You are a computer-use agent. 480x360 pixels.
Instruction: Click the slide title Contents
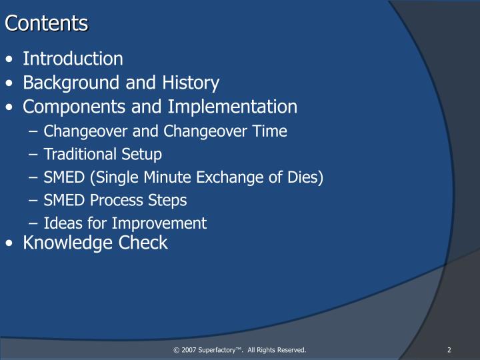pyautogui.click(x=47, y=23)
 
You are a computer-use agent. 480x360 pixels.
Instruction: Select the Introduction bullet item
pyautogui.click(x=73, y=59)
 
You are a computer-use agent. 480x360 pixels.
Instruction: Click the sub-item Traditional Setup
pyautogui.click(x=103, y=155)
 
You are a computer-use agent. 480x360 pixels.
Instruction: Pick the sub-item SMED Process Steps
pyautogui.click(x=115, y=201)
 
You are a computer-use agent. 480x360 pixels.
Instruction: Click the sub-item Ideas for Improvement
pyautogui.click(x=125, y=223)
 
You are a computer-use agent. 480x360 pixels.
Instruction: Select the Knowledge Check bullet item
pyautogui.click(x=95, y=243)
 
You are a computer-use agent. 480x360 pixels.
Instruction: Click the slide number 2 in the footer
pyautogui.click(x=449, y=350)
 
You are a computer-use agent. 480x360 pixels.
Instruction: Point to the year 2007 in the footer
pyautogui.click(x=188, y=350)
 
